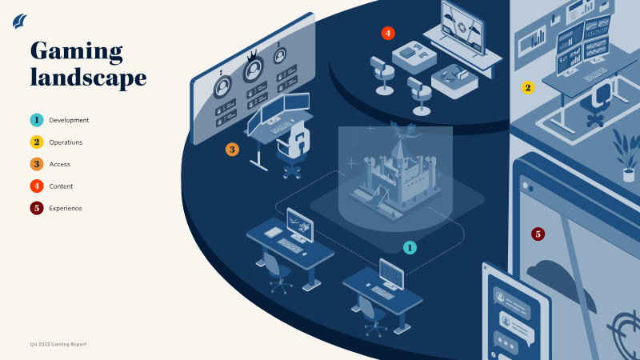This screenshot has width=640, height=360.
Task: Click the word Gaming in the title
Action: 76,52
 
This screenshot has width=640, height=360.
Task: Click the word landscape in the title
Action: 88,77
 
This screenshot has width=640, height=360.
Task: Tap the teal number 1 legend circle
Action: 37,120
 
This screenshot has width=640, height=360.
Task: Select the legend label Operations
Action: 66,142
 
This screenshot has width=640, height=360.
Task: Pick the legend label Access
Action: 59,164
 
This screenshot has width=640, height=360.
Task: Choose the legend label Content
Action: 61,186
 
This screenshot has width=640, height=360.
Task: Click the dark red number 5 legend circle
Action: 37,208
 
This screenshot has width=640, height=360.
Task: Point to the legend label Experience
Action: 66,208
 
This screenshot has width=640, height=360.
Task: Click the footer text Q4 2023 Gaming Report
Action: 58,344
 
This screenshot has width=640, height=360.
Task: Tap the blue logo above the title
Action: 19,21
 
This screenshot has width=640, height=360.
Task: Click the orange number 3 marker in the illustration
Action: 232,150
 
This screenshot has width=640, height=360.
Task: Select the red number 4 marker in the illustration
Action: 388,33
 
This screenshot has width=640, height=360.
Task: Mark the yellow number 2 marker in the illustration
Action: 528,87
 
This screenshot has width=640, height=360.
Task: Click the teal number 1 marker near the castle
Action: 410,247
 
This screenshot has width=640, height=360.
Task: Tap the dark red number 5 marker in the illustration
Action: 538,234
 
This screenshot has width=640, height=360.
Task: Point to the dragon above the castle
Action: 402,130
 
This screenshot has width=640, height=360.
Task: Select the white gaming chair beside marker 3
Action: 293,148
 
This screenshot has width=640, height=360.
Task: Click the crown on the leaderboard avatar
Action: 253,55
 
